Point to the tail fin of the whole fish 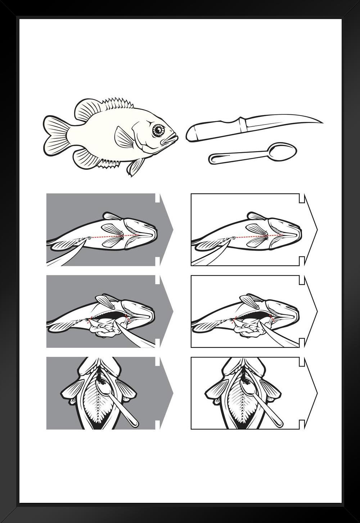[x=56, y=135]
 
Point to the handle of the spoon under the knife [x=238, y=157]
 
